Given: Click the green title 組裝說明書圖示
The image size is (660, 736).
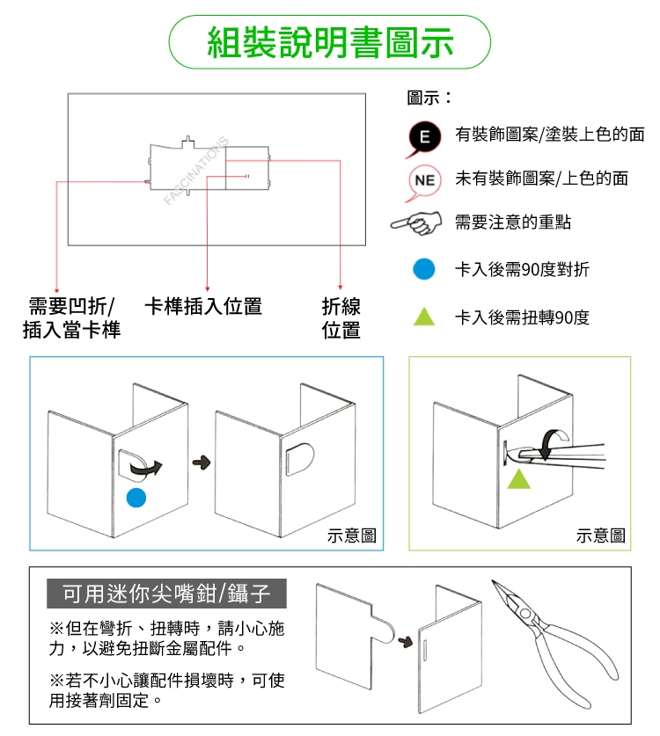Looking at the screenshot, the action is click(330, 42).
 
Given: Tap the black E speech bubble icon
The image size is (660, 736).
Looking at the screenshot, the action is click(424, 137).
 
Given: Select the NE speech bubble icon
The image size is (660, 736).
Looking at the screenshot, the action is click(424, 182).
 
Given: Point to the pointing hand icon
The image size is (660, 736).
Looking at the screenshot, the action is click(416, 222).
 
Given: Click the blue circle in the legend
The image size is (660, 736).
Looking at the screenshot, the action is click(423, 269).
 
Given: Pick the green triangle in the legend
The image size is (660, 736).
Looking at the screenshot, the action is click(423, 317).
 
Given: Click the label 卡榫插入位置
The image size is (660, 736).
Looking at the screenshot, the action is click(203, 307).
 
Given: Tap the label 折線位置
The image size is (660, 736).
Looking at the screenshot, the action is click(341, 318).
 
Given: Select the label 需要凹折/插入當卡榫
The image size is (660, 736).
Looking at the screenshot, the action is click(71, 317).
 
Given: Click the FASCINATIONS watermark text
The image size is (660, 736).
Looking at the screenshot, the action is click(196, 171).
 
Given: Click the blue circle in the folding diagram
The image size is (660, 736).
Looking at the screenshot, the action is click(136, 498).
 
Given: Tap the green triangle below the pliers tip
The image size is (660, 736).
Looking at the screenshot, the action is click(518, 478).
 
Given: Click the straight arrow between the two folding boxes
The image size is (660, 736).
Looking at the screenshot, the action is click(202, 463).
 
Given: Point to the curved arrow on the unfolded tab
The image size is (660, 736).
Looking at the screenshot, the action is click(145, 468).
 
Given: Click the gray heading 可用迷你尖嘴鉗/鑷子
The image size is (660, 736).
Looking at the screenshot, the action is click(167, 594).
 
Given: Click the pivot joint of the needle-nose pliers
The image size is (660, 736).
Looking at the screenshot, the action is click(525, 614).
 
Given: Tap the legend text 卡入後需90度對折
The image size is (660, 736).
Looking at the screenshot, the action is click(522, 269).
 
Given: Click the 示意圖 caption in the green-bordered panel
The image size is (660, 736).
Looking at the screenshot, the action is click(601, 536).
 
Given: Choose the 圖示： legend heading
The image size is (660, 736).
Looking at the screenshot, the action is click(429, 98).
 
